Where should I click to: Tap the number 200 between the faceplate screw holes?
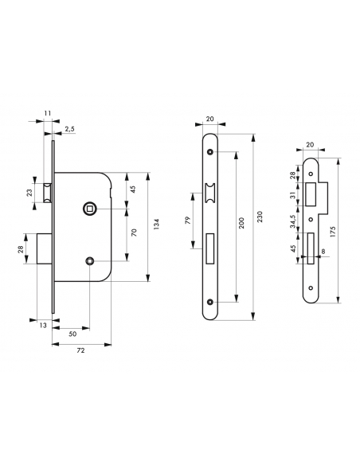pyautogui.click(x=241, y=225)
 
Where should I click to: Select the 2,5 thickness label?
pyautogui.click(x=70, y=128)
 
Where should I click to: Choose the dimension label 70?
pyautogui.click(x=133, y=232)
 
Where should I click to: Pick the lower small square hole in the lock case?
pyautogui.click(x=90, y=260)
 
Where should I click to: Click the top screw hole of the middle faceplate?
pyautogui.click(x=209, y=151)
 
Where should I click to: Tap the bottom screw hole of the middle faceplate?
pyautogui.click(x=209, y=302)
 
